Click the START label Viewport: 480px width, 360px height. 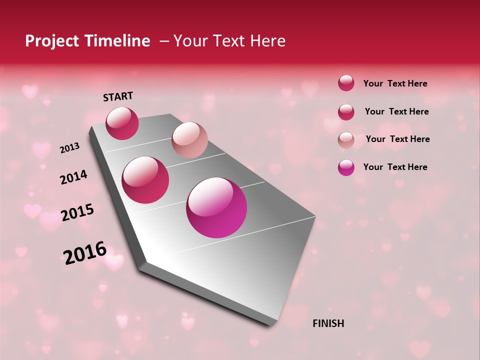[118, 96]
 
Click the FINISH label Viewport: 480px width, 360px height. [328, 323]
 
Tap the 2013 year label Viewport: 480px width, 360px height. [69, 147]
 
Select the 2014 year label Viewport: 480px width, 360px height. [73, 177]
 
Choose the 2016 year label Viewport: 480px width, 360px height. [85, 252]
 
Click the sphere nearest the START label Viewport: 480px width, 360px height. [122, 123]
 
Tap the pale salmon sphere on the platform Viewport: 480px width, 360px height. [189, 140]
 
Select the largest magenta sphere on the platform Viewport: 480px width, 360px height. [216, 207]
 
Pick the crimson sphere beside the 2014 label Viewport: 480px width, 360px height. [145, 180]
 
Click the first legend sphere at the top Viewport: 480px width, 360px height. [346, 83]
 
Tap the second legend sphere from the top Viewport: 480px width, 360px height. [346, 111]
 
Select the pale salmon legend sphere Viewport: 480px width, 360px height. [346, 139]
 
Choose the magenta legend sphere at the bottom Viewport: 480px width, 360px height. [346, 167]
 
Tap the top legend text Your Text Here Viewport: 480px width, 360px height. [395, 83]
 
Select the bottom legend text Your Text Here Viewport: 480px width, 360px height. [395, 167]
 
